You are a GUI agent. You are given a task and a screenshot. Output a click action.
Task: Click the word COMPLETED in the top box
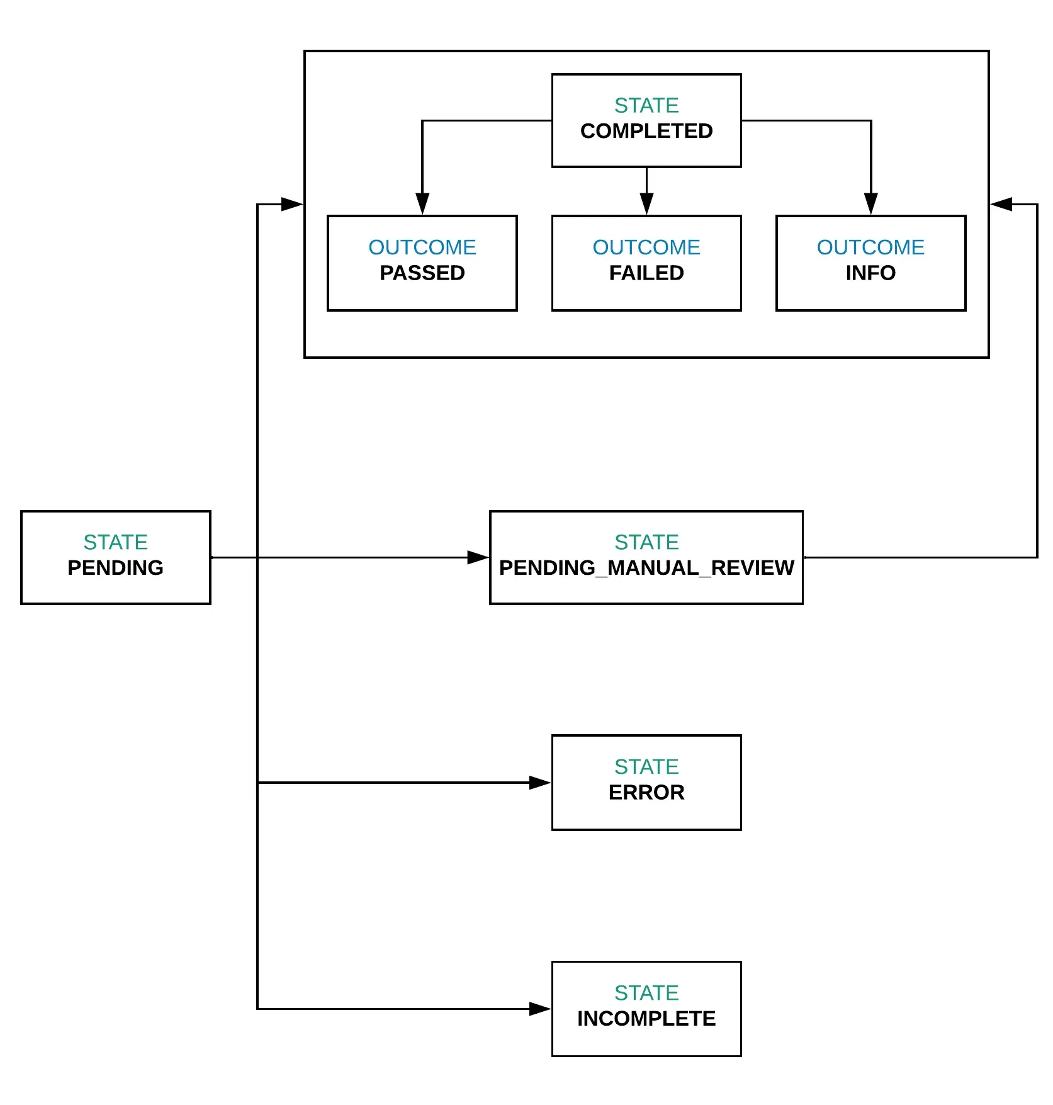tap(646, 131)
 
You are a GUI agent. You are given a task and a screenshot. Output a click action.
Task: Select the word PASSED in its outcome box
tap(422, 273)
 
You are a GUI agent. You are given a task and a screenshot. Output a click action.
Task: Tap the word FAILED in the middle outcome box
tap(646, 273)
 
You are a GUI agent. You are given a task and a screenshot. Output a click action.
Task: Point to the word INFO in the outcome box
tap(870, 273)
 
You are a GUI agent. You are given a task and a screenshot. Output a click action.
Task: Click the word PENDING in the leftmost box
tap(115, 567)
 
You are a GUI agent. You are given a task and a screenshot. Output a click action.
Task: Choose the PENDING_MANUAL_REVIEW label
tap(646, 567)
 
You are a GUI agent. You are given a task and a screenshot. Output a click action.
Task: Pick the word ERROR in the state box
tap(646, 792)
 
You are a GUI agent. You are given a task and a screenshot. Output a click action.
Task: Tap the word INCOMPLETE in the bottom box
tap(646, 1018)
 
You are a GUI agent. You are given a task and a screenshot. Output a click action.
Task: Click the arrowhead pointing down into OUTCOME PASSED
tap(422, 204)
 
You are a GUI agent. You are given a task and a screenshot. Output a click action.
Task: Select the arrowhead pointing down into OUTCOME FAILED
tap(646, 204)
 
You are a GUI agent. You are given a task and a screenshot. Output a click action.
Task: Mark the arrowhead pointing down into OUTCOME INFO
tap(870, 204)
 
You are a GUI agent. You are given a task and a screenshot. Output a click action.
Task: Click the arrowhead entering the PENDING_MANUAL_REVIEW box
tap(478, 557)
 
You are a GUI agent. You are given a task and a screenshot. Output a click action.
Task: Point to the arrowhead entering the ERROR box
tap(539, 783)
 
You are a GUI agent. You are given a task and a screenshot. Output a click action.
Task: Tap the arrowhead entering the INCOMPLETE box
tap(539, 1009)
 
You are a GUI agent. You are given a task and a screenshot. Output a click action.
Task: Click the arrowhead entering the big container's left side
tap(291, 204)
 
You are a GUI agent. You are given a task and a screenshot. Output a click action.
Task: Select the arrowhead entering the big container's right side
tap(1001, 204)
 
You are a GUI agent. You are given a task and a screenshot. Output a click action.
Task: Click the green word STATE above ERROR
tap(646, 766)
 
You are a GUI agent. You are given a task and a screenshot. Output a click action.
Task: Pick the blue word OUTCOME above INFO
tap(870, 247)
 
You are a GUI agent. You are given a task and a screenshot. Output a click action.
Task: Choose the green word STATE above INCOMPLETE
tap(646, 992)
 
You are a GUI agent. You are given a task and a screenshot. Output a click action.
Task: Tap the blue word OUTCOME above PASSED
tap(422, 247)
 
